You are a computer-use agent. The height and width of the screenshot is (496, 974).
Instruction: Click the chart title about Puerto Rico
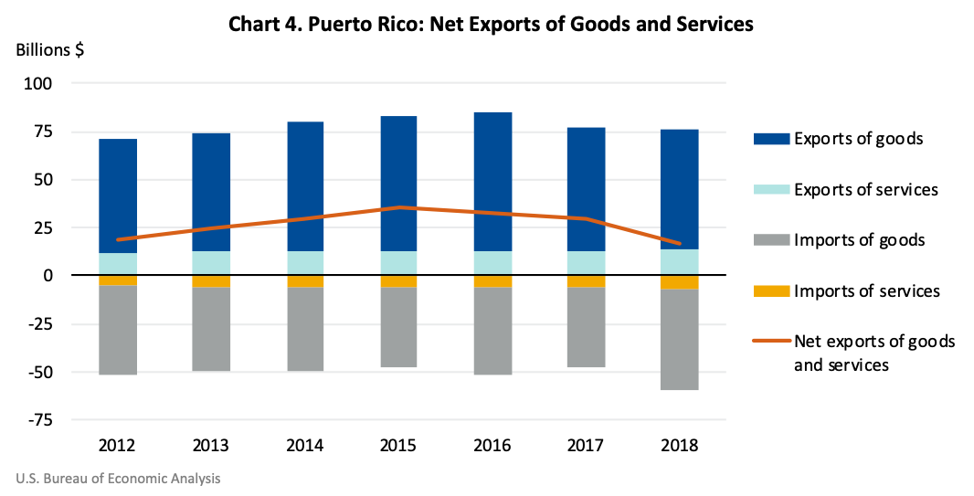click(x=492, y=25)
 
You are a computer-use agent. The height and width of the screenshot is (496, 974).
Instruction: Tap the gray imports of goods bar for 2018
click(x=680, y=339)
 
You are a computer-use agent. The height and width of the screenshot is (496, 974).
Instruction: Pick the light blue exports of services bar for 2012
click(x=118, y=264)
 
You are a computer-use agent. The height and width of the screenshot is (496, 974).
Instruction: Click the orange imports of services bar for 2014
click(x=305, y=281)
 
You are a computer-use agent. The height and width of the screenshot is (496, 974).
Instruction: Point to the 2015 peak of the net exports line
click(x=398, y=207)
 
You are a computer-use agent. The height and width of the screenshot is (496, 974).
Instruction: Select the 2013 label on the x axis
click(x=211, y=447)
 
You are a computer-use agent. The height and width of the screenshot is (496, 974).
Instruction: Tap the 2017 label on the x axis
click(x=586, y=447)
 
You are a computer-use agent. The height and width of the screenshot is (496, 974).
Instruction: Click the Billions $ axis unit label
click(x=51, y=50)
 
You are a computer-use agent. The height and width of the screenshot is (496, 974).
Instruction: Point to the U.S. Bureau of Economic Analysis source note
click(x=118, y=479)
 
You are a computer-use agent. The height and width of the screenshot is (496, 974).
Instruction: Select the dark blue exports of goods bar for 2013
click(x=211, y=192)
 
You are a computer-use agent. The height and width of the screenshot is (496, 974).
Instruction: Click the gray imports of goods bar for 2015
click(x=398, y=327)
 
